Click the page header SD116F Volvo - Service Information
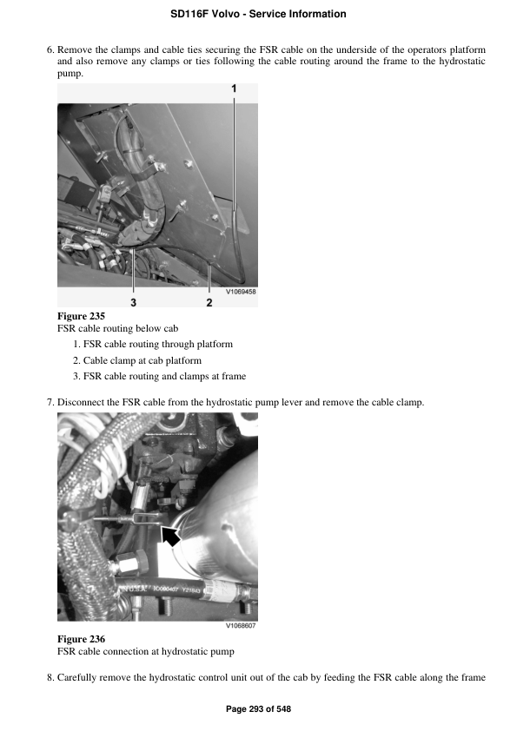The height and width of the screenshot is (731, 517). (x=258, y=14)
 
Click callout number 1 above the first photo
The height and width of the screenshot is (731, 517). (x=234, y=89)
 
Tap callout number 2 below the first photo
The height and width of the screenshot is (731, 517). (x=209, y=302)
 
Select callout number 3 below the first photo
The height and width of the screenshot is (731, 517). (x=133, y=302)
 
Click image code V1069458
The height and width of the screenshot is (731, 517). (x=241, y=292)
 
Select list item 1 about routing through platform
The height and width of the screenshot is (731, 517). (x=152, y=344)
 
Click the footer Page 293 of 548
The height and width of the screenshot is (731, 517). (x=258, y=709)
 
